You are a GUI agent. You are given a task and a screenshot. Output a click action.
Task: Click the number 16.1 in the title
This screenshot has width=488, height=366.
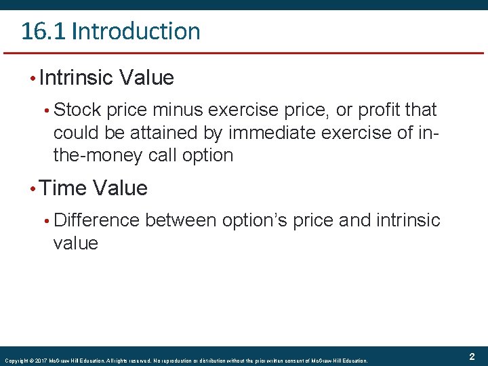43,31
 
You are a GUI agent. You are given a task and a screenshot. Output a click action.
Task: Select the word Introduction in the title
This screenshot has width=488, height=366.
136,31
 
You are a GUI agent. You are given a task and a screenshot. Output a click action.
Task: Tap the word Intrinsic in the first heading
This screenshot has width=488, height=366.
77,78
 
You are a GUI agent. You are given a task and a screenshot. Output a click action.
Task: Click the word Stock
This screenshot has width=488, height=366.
78,110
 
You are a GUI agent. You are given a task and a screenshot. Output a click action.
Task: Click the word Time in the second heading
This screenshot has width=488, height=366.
64,188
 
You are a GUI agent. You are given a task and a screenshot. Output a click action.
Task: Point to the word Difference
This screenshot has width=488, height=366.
96,220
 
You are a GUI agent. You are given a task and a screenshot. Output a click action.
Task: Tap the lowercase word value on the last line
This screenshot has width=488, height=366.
75,243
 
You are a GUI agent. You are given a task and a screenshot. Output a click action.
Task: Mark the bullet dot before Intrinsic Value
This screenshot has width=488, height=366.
32,79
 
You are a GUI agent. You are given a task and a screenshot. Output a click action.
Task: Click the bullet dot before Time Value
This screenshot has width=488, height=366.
32,188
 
